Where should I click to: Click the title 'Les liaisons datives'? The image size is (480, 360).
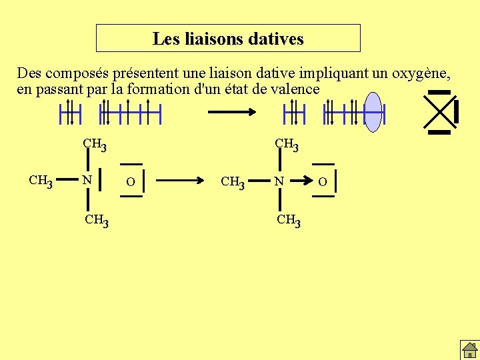(228, 39)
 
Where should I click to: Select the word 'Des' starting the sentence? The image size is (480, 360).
(29, 73)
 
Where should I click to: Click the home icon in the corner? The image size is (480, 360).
(469, 349)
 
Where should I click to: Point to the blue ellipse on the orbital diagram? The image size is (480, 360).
(374, 112)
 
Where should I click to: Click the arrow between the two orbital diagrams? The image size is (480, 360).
(232, 113)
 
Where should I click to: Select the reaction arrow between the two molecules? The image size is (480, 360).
(180, 180)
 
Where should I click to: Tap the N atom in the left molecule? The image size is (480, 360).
(87, 180)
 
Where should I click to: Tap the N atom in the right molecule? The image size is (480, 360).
(280, 181)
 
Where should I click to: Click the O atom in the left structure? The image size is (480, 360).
(131, 181)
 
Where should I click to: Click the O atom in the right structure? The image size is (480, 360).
(323, 181)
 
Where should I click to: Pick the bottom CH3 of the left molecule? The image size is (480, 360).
(97, 219)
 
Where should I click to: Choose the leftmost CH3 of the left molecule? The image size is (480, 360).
(41, 180)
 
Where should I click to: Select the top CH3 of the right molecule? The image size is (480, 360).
(287, 143)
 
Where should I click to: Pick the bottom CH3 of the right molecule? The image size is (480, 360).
(289, 219)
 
